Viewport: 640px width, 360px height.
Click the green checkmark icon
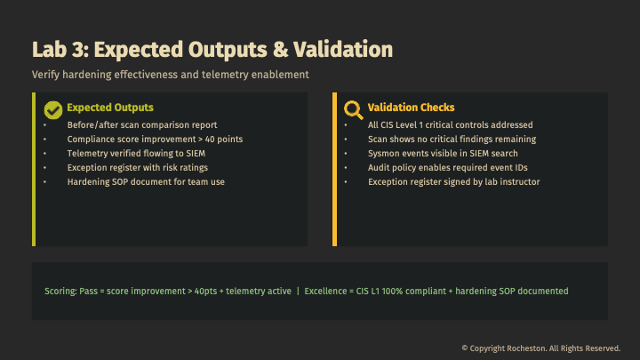(53, 110)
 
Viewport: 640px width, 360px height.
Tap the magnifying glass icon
(354, 110)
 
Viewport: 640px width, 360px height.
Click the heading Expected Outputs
(110, 108)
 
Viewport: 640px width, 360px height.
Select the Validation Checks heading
(411, 108)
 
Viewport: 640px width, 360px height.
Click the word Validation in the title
(343, 50)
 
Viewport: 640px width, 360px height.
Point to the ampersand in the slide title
(280, 50)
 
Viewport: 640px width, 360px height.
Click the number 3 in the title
(78, 50)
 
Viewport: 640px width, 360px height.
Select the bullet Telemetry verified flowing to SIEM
(136, 154)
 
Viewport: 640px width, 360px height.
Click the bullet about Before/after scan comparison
(142, 125)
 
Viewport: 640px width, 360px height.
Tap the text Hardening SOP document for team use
(146, 182)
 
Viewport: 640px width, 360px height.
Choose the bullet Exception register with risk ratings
(138, 168)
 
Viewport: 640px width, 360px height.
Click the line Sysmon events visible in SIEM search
(443, 154)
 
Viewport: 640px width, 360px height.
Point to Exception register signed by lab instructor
(454, 182)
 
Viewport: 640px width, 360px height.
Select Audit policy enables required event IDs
(448, 168)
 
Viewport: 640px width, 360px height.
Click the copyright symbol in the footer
(465, 348)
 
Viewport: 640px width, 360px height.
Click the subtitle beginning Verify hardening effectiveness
(171, 75)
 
